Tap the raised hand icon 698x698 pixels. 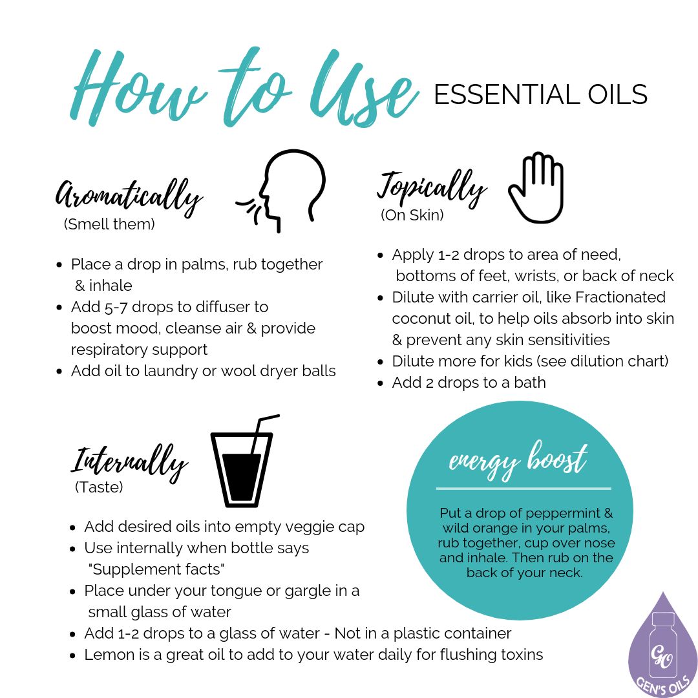pyautogui.click(x=536, y=187)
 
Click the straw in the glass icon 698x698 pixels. pyautogui.click(x=262, y=430)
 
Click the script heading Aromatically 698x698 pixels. pyautogui.click(x=129, y=195)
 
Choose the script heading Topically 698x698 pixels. pyautogui.click(x=431, y=187)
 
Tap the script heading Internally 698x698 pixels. pyautogui.click(x=129, y=460)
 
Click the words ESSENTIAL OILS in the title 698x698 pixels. pyautogui.click(x=540, y=95)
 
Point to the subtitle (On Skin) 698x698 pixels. pyautogui.click(x=412, y=215)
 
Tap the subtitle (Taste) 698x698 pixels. pyautogui.click(x=99, y=488)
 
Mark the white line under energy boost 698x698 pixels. pyautogui.click(x=523, y=489)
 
